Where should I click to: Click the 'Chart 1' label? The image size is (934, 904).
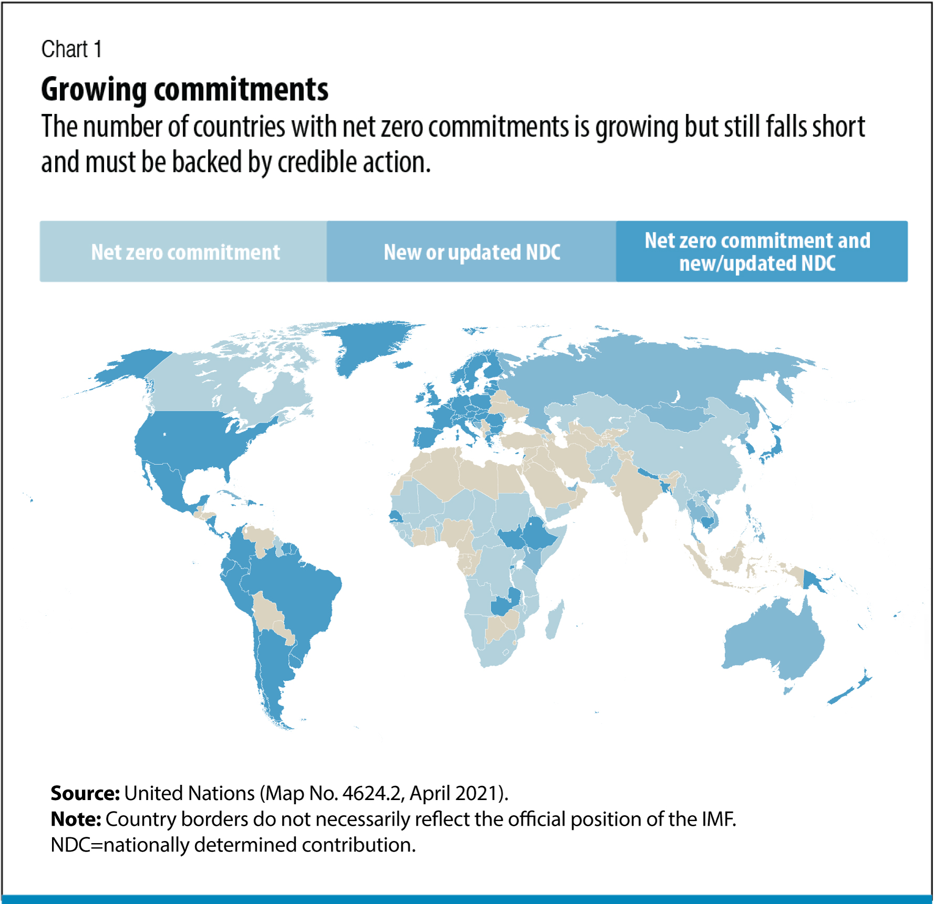(x=71, y=49)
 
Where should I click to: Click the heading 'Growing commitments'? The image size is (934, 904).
(x=184, y=89)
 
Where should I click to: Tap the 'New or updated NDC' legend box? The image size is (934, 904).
(x=471, y=252)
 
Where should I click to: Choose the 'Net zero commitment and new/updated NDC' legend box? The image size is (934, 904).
(x=761, y=252)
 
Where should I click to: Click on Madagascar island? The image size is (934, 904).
(x=555, y=619)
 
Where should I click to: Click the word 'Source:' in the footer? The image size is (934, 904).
(x=85, y=793)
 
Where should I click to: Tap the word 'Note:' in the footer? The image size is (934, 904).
(x=76, y=819)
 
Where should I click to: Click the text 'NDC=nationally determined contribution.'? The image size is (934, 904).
(x=233, y=845)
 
